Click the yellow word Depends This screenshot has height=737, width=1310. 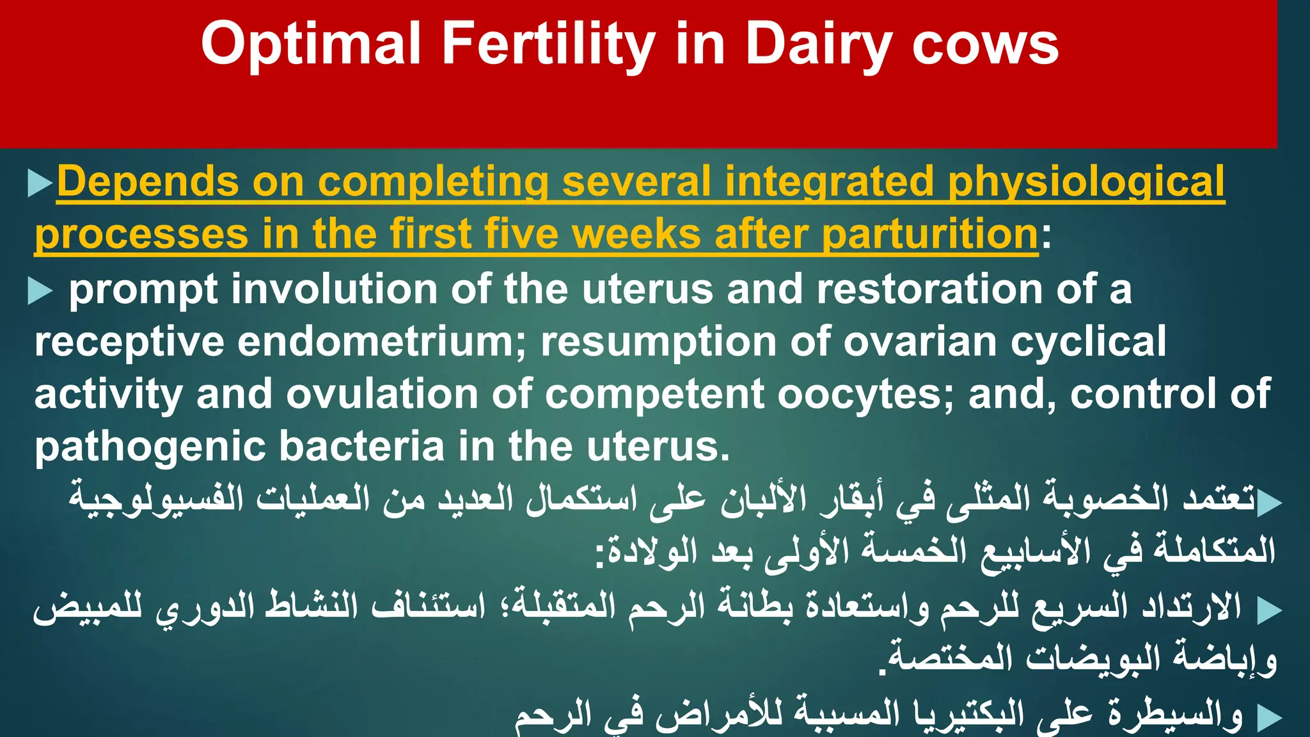click(x=148, y=182)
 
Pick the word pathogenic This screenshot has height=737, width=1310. click(x=150, y=447)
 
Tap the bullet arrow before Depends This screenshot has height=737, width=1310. click(x=40, y=184)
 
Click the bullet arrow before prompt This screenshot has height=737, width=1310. click(x=40, y=292)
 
